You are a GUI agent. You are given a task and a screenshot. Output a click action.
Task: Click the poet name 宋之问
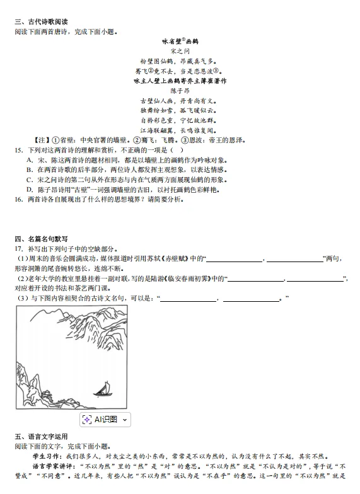(x=180, y=50)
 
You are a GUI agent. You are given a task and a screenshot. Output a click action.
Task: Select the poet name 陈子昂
(x=180, y=91)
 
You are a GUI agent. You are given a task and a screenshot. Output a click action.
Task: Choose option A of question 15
(x=30, y=160)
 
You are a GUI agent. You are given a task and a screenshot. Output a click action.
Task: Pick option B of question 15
(x=30, y=169)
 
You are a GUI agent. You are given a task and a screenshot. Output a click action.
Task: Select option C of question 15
(x=30, y=180)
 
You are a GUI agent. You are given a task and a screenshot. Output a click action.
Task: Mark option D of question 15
(x=30, y=189)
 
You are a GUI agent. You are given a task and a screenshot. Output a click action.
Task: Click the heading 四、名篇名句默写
(x=42, y=238)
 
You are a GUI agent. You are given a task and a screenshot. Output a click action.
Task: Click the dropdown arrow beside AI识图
(x=125, y=419)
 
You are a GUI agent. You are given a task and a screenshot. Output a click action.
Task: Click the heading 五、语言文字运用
(x=42, y=436)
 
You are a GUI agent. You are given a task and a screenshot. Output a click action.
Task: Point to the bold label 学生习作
(x=47, y=456)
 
